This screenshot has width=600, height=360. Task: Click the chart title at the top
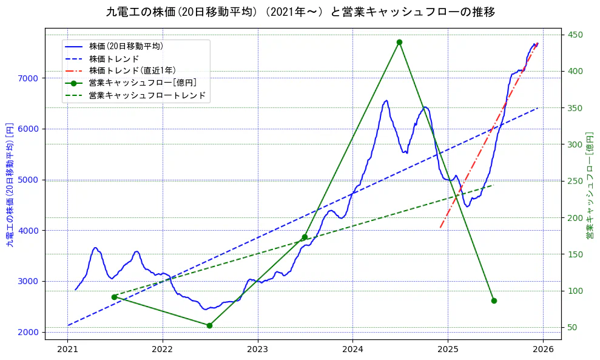(x=300, y=12)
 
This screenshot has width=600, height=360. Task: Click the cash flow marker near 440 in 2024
(x=399, y=42)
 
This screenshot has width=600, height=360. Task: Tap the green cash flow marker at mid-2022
(x=209, y=325)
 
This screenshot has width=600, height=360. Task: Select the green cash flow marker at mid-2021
(x=114, y=297)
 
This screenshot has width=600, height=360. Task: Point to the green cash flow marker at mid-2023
(x=305, y=237)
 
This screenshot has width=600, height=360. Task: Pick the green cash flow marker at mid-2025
(x=494, y=301)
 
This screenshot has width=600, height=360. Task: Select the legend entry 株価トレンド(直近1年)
(x=132, y=70)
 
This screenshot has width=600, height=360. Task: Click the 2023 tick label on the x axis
(x=257, y=349)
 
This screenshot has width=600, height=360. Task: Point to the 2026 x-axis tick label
(x=543, y=349)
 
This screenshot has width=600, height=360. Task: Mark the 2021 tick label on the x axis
(x=67, y=349)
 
